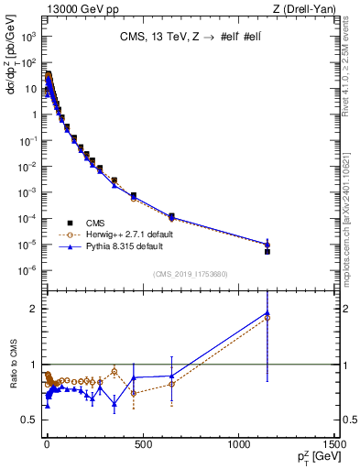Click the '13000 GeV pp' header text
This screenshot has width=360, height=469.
click(74, 9)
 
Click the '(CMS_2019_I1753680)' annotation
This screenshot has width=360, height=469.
click(190, 274)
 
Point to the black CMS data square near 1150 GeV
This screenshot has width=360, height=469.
click(267, 251)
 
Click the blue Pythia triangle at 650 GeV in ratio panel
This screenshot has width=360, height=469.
click(171, 376)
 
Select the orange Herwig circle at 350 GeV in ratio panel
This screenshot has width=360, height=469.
click(114, 371)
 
